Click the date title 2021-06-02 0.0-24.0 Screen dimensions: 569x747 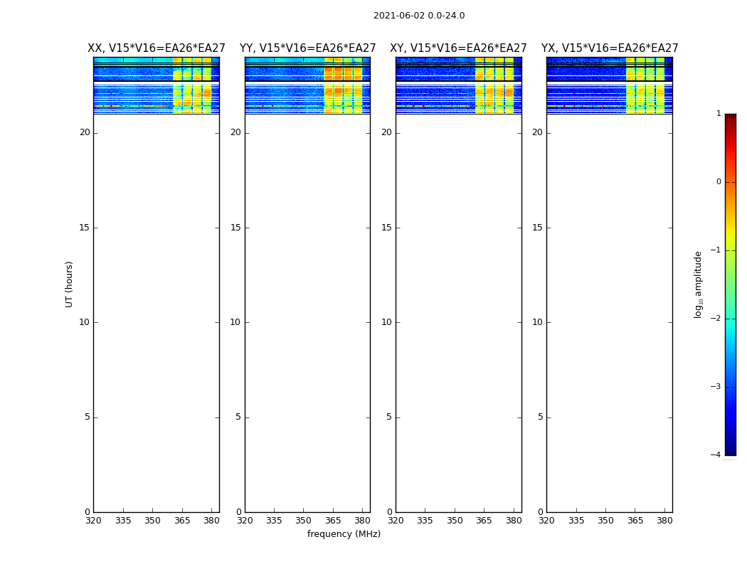[x=419, y=16]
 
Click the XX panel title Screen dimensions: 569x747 [x=157, y=48]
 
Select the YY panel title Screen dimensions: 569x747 [x=307, y=48]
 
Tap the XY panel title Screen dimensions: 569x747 [x=458, y=48]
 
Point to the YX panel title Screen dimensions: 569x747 [x=610, y=48]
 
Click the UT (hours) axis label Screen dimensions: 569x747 [x=70, y=284]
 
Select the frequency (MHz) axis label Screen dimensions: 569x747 [x=344, y=534]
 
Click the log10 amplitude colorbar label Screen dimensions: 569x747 [x=699, y=284]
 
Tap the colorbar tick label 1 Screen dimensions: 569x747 [x=719, y=114]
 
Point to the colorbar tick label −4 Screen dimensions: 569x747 [x=717, y=455]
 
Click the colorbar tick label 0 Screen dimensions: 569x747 [x=719, y=182]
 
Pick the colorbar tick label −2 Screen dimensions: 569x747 [x=717, y=319]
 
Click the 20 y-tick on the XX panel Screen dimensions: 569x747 [x=85, y=132]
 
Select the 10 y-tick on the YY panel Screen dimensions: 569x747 [x=235, y=322]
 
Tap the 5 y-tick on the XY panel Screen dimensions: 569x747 [x=389, y=417]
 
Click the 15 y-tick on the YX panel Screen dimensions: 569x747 [x=537, y=228]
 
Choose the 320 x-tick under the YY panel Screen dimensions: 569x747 [x=245, y=521]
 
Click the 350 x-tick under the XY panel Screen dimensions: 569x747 [x=455, y=521]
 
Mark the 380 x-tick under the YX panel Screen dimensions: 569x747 [x=664, y=521]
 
